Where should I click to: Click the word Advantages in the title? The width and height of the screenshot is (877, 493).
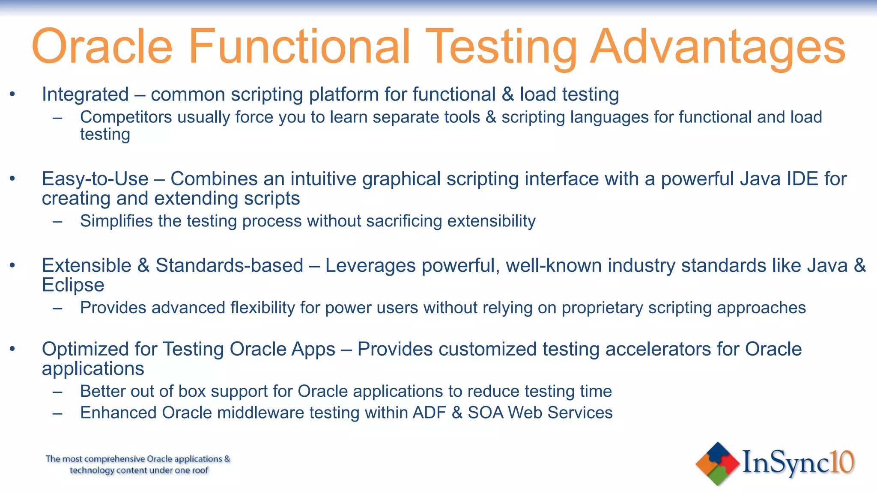(718, 46)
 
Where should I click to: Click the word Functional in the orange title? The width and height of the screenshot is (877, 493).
(299, 46)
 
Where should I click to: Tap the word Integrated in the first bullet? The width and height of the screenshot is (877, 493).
(85, 95)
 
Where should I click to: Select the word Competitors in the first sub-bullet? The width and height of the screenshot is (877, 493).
(126, 117)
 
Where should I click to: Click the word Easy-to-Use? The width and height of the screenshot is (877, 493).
(95, 179)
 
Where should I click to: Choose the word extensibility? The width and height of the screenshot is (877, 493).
(491, 221)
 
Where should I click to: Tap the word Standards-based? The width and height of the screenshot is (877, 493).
(229, 266)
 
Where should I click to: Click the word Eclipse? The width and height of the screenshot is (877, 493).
(73, 285)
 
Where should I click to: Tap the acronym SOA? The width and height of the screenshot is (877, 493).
(485, 413)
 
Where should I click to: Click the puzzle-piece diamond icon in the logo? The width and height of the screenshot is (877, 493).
(717, 464)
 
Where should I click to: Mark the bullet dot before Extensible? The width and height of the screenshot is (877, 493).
(12, 266)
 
